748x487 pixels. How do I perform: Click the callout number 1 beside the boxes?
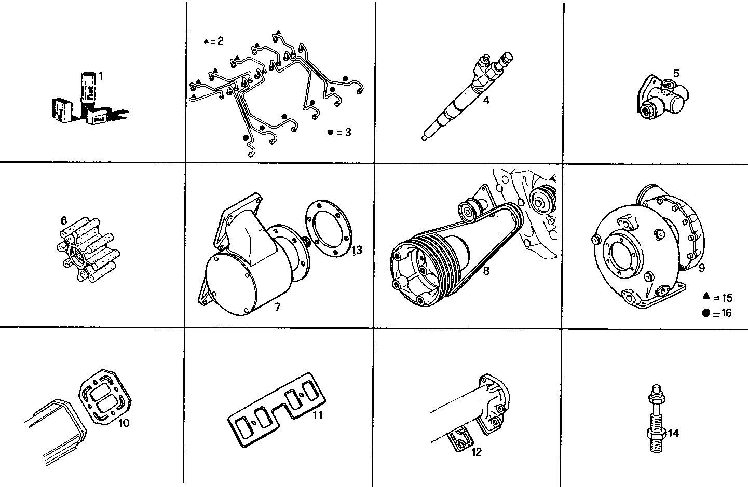click(101, 76)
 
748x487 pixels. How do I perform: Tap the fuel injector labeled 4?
click(461, 98)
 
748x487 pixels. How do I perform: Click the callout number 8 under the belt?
click(486, 271)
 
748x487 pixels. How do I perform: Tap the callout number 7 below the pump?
click(278, 307)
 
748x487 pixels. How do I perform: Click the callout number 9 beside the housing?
click(702, 268)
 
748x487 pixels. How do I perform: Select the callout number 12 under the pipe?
click(477, 452)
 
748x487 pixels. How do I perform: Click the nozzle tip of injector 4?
click(426, 137)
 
